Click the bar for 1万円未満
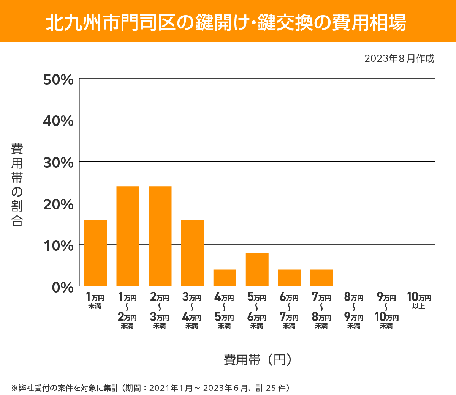[x=95, y=253]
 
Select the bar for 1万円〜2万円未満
[x=128, y=236]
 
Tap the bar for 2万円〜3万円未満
[x=160, y=236]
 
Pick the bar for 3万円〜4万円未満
[x=192, y=253]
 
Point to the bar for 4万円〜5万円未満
[x=225, y=278]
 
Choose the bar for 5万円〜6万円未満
[x=257, y=269]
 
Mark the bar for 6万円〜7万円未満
[x=289, y=278]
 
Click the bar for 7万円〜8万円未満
[x=321, y=278]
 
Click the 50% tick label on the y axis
[x=58, y=80]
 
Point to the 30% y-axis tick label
[x=58, y=163]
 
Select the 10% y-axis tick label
[x=58, y=246]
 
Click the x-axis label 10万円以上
[x=419, y=301]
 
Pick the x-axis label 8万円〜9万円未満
[x=354, y=311]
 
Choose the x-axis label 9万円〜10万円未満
[x=386, y=311]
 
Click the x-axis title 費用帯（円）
[x=258, y=359]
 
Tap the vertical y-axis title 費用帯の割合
[x=17, y=185]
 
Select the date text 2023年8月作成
[x=399, y=59]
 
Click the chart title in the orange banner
[x=226, y=22]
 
